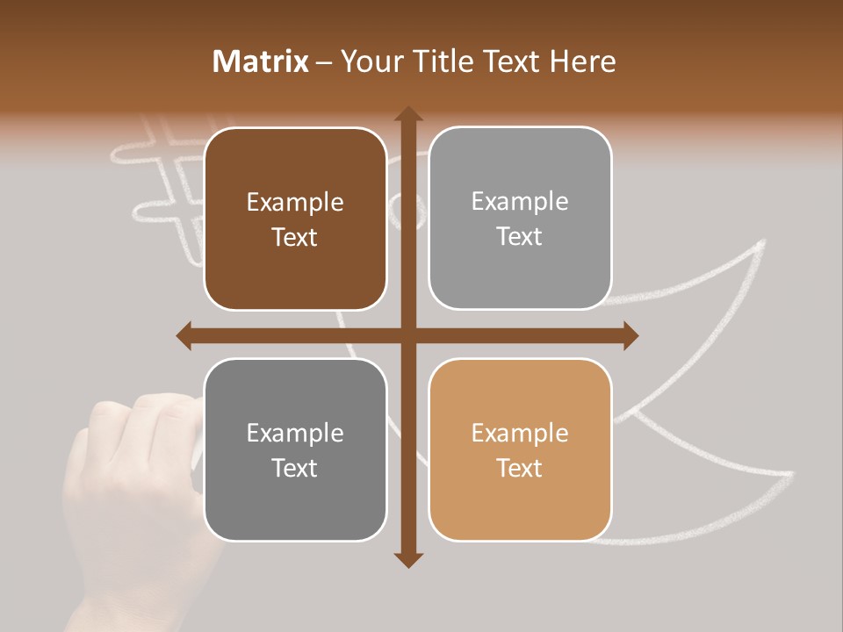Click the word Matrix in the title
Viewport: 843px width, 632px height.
(261, 61)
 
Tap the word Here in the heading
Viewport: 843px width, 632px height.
(582, 61)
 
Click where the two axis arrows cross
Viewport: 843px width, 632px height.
(407, 335)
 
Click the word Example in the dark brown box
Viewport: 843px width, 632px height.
(295, 203)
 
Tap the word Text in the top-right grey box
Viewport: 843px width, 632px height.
(520, 237)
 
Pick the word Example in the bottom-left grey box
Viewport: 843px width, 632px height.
(295, 434)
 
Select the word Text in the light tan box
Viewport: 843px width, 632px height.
(520, 468)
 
